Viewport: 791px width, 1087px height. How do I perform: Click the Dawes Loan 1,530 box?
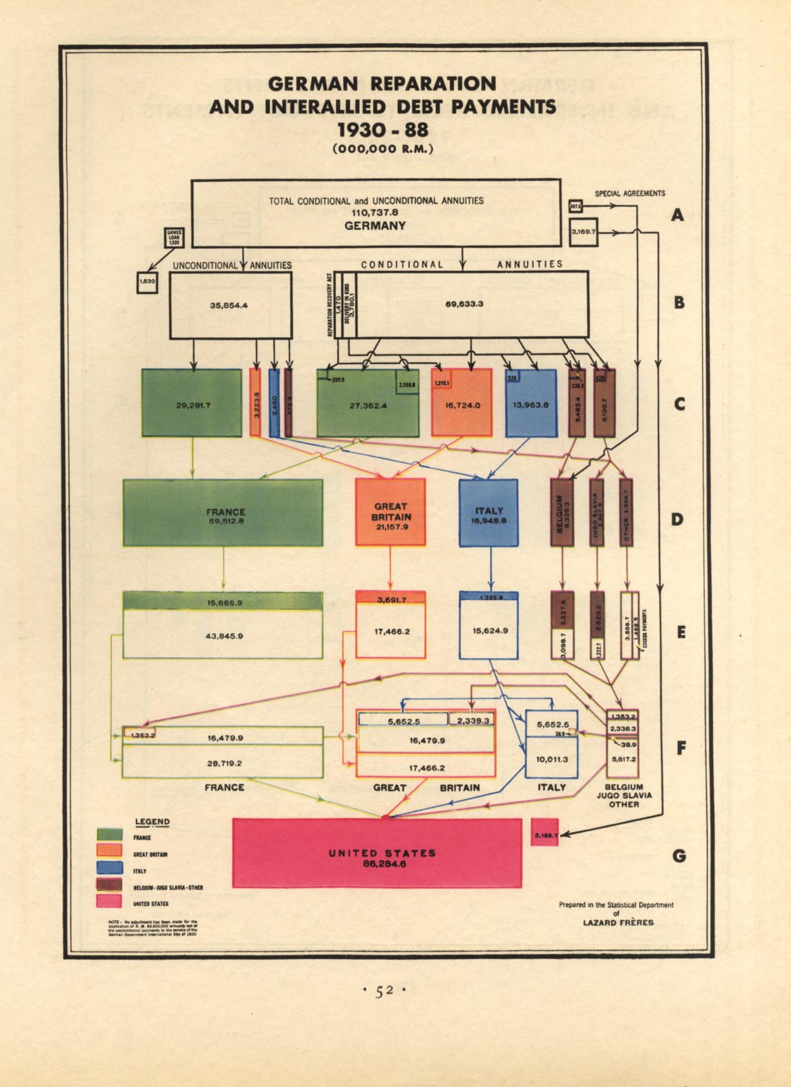(x=174, y=238)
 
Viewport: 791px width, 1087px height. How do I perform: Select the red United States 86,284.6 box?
(x=377, y=853)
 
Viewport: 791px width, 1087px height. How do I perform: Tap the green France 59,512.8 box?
(x=223, y=513)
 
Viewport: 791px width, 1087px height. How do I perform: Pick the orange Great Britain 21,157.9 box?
(x=390, y=512)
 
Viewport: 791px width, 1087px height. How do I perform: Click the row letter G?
(x=679, y=856)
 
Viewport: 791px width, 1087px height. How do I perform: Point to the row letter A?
(x=677, y=214)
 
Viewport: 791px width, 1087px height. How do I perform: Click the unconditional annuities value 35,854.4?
(x=228, y=305)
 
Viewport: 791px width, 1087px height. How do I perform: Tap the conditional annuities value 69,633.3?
(x=464, y=304)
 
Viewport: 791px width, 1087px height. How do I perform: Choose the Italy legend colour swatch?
(x=110, y=868)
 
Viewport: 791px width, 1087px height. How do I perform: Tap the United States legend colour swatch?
(x=110, y=901)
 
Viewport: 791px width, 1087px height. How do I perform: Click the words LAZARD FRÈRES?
(x=618, y=923)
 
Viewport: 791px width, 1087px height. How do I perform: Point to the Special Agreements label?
(x=630, y=194)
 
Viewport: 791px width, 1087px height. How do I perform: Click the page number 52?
(x=384, y=990)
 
